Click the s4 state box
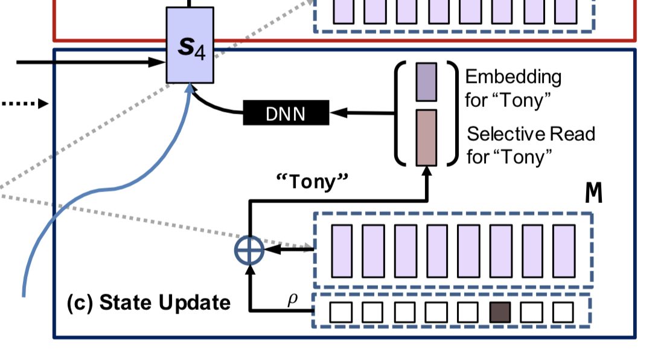click(190, 45)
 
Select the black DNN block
click(286, 113)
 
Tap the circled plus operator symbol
click(249, 249)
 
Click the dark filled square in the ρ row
click(500, 312)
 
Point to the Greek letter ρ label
click(293, 299)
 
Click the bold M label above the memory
click(594, 194)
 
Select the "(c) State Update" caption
click(148, 301)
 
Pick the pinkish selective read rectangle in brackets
click(426, 137)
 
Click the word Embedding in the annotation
click(513, 77)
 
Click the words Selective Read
click(531, 133)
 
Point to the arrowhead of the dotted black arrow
click(43, 104)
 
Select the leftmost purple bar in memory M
click(342, 249)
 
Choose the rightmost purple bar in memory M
click(564, 249)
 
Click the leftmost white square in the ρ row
click(340, 312)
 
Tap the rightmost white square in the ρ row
click(563, 312)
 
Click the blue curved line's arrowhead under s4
click(191, 88)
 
